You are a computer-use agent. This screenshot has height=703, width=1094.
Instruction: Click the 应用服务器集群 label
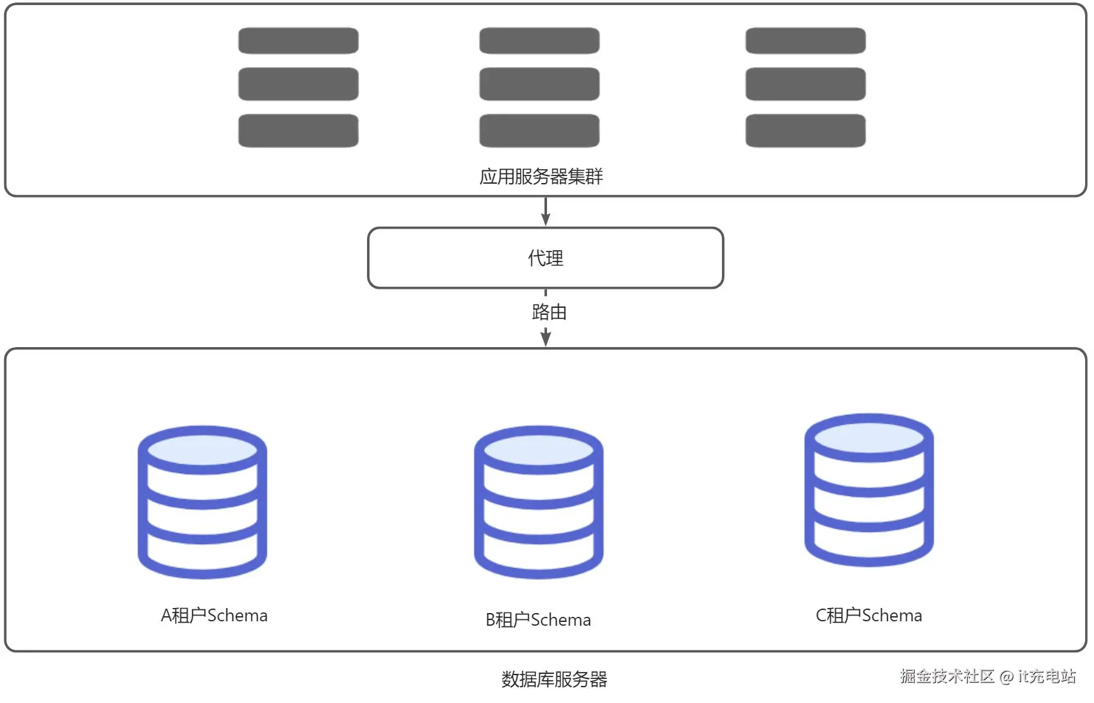point(541,176)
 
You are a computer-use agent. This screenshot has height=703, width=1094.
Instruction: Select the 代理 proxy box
point(545,258)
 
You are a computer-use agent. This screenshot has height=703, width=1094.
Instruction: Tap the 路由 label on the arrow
point(549,312)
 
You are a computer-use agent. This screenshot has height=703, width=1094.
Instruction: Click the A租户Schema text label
point(214,615)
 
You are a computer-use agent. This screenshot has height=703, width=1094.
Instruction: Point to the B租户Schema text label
point(538,619)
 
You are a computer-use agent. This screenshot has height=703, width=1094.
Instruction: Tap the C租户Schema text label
point(868,615)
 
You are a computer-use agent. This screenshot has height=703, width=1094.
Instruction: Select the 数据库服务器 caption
point(554,679)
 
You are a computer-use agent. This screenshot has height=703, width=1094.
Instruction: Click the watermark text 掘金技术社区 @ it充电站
point(988,676)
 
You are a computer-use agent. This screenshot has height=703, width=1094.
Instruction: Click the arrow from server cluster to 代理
point(545,212)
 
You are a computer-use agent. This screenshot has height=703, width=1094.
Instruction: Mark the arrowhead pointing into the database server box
point(545,339)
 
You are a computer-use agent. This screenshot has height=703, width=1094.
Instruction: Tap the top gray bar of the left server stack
point(298,41)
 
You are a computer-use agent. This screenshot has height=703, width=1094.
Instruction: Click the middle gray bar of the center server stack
point(539,84)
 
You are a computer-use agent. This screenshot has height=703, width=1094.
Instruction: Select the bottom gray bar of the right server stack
point(805,130)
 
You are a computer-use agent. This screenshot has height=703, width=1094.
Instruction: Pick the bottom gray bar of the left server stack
point(298,130)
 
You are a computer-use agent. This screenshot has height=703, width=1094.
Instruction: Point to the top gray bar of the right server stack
point(805,41)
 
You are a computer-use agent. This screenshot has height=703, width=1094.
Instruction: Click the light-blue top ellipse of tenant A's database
point(202,450)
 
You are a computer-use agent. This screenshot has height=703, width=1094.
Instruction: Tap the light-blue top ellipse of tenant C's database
point(868,438)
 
